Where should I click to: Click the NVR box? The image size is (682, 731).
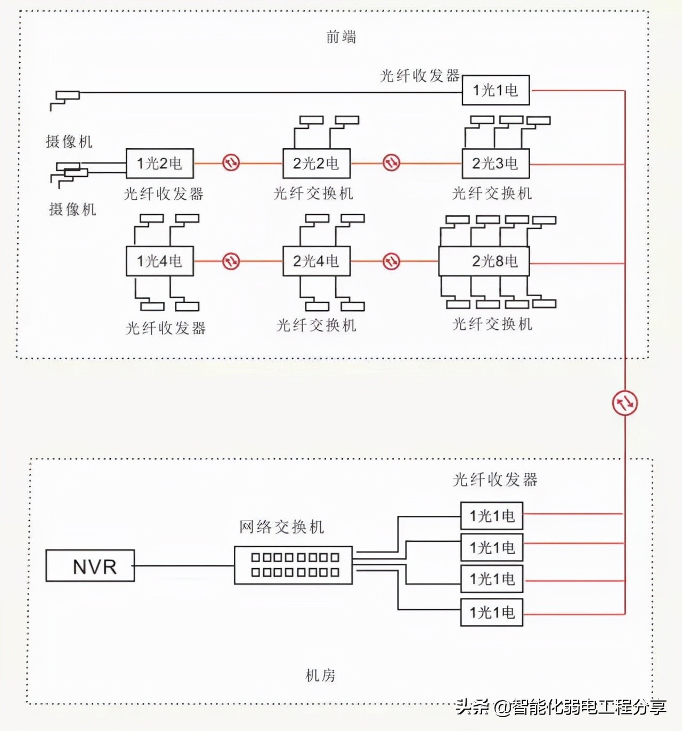90,565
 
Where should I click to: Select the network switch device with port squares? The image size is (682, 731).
294,565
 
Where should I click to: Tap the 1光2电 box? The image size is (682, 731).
159,164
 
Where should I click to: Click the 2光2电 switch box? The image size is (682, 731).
316,164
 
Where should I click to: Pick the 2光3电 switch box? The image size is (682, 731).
495,164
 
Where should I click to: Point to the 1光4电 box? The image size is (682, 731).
159,261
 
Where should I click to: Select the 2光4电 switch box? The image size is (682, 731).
316,261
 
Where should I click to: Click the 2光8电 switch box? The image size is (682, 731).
484,261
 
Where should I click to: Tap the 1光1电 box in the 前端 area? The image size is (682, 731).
496,90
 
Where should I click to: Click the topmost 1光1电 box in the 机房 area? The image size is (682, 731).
492,516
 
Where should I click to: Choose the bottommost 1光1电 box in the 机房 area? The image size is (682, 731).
492,612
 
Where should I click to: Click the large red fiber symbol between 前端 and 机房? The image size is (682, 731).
624,403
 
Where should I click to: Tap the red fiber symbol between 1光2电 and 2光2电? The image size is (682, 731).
231,163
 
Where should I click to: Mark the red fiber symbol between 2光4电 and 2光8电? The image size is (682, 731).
392,261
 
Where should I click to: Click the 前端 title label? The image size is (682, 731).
341,37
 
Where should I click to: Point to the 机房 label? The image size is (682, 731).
320,676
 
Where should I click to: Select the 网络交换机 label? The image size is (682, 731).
281,527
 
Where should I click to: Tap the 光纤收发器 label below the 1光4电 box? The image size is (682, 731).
166,328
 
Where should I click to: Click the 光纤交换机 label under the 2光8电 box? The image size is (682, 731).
492,324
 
